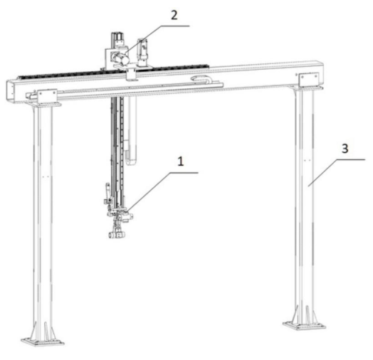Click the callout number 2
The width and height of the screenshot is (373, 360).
click(174, 16)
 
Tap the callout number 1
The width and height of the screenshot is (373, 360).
click(181, 161)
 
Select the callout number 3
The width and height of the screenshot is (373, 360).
click(345, 149)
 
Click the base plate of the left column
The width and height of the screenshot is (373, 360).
click(42, 342)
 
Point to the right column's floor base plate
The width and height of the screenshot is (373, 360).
click(304, 325)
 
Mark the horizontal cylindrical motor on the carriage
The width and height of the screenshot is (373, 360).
click(121, 59)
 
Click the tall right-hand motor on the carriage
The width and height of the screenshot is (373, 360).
click(142, 52)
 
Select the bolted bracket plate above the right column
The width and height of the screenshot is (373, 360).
click(309, 80)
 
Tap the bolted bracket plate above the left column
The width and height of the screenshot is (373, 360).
click(47, 96)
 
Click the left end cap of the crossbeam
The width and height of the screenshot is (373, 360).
click(10, 91)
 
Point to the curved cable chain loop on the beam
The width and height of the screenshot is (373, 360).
click(201, 80)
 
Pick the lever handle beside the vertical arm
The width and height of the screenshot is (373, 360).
click(107, 189)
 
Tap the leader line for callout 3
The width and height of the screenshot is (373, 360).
click(337, 173)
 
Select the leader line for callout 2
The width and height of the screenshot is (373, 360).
click(157, 40)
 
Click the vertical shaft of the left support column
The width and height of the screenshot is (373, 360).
click(43, 214)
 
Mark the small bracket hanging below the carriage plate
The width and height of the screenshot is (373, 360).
click(131, 75)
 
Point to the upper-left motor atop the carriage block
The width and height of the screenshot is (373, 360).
click(117, 40)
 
